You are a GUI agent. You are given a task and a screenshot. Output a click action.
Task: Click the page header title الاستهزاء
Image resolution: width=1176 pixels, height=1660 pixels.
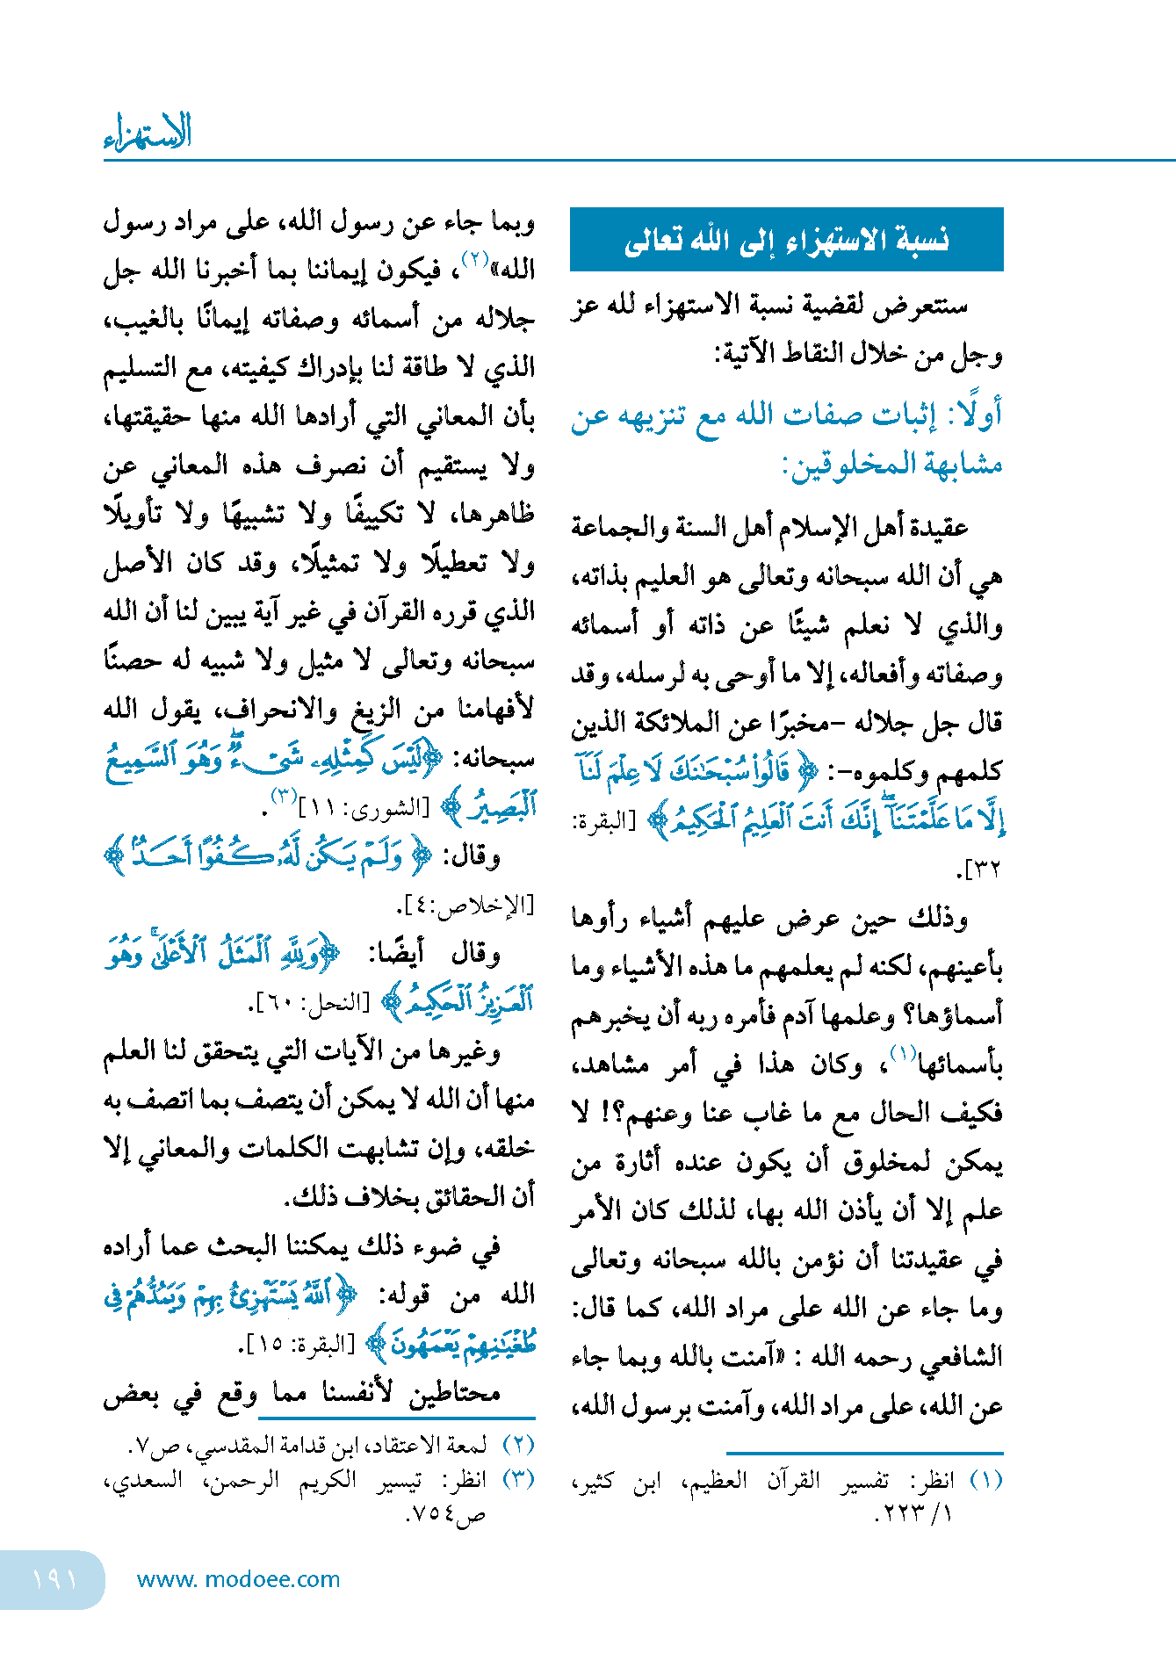[x=148, y=132]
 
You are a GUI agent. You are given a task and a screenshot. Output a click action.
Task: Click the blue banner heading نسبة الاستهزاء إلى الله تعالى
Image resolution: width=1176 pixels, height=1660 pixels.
[x=786, y=240]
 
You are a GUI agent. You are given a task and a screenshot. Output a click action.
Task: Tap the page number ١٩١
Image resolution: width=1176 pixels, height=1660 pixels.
[x=54, y=1579]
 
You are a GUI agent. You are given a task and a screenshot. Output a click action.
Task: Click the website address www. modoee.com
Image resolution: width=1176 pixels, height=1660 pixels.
[x=238, y=1579]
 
